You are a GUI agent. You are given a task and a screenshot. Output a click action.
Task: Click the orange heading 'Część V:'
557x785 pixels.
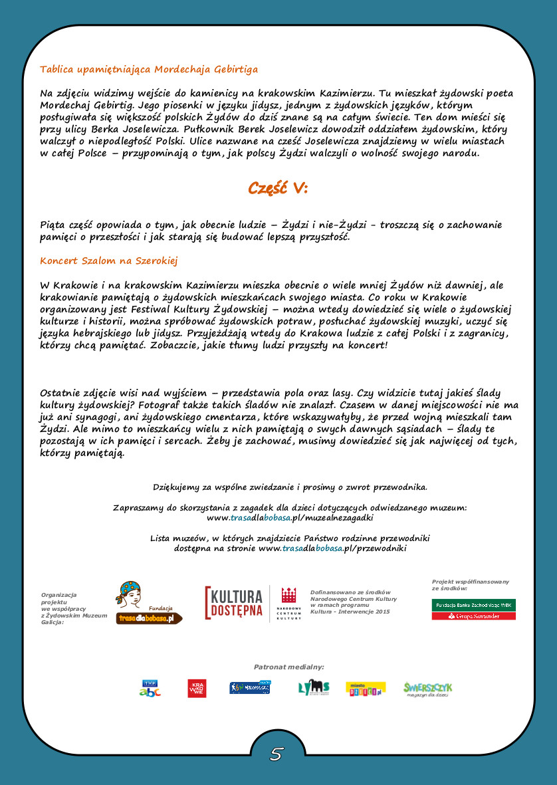278,188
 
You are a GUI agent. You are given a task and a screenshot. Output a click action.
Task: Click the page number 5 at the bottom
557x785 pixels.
277,753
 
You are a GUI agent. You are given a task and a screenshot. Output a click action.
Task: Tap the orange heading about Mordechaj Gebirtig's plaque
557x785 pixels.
149,69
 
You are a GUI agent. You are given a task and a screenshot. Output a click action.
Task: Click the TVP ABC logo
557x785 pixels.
150,688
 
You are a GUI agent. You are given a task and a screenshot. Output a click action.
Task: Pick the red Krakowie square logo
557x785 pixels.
197,688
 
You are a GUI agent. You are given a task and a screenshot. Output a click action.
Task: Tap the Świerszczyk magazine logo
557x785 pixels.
427,688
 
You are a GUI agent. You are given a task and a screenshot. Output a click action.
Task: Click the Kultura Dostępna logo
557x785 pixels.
234,603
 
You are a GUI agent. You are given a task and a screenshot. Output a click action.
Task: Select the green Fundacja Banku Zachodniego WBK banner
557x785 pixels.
474,605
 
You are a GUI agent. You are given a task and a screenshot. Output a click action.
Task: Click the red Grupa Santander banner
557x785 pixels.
474,616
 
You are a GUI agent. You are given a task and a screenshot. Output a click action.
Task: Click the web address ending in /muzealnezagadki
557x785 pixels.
290,517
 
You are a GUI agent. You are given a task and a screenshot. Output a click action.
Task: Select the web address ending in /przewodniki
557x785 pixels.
332,548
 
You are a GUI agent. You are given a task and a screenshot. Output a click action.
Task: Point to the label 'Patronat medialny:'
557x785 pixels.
288,666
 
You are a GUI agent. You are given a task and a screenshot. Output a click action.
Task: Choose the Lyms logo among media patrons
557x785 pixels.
314,688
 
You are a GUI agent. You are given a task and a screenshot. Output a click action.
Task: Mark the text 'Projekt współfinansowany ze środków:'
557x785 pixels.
470,585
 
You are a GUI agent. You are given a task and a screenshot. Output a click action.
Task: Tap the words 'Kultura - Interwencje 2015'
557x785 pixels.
350,611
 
